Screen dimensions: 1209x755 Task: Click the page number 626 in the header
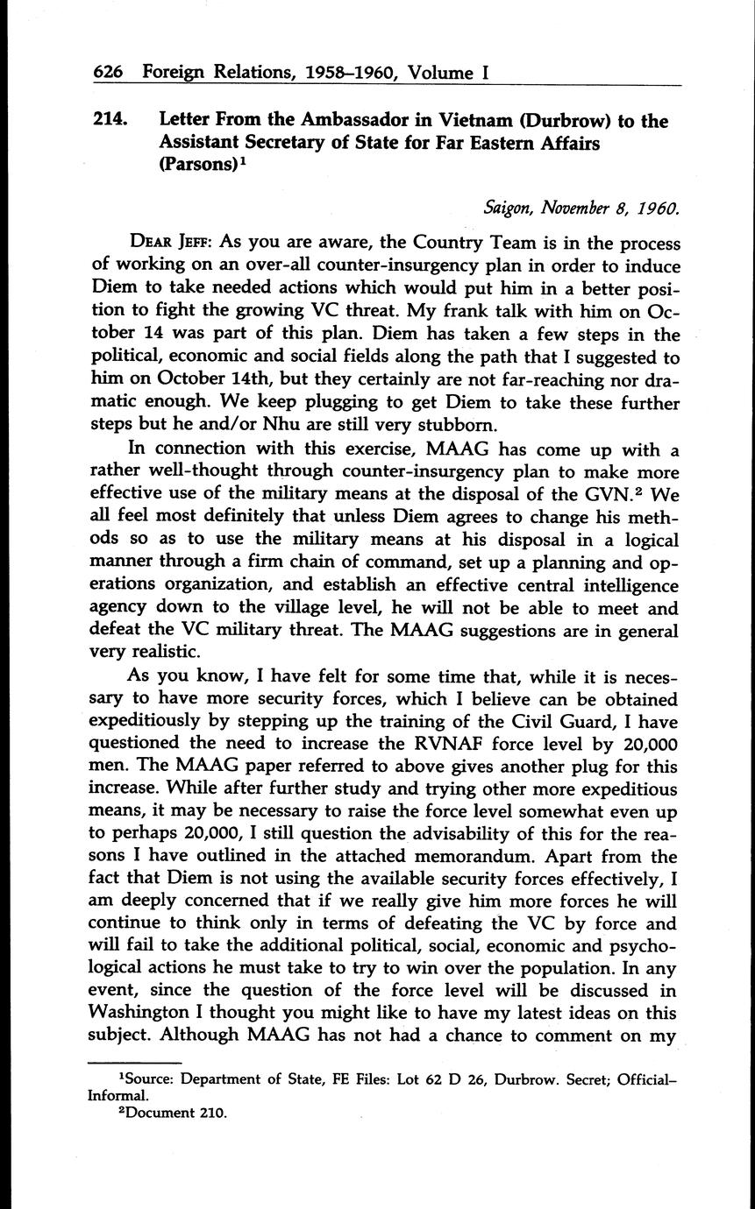click(109, 74)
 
